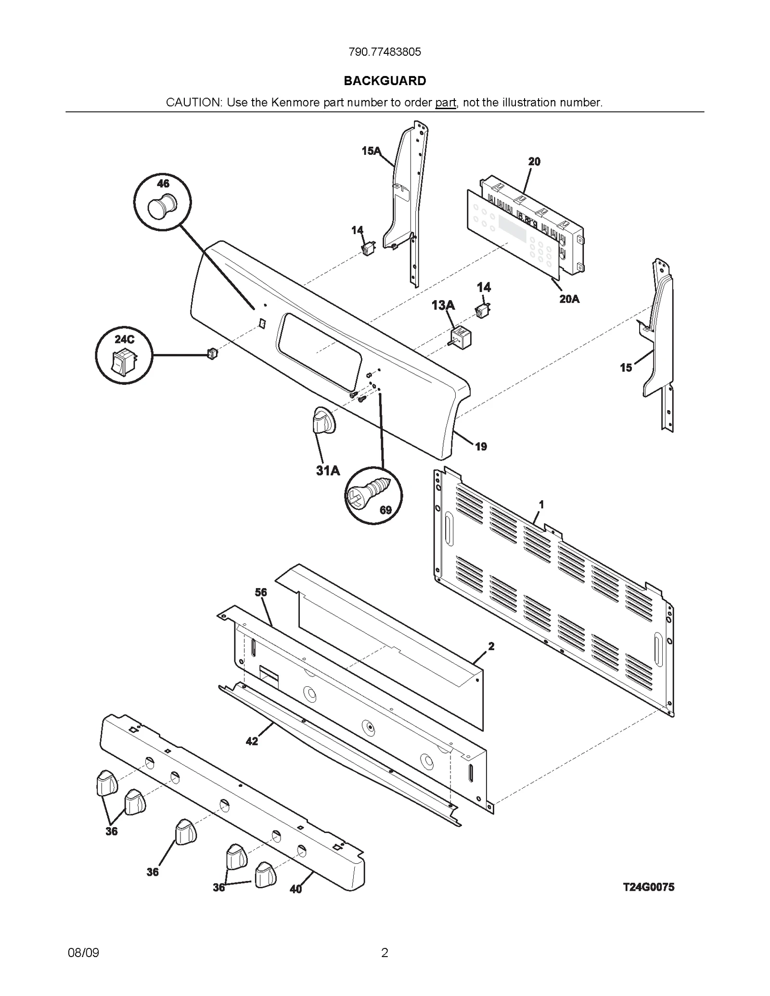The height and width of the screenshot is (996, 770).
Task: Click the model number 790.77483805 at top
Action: point(385,52)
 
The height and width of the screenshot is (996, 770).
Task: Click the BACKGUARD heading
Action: point(385,81)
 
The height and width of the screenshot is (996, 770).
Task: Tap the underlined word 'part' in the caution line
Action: point(445,102)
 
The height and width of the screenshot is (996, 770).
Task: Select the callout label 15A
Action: point(371,151)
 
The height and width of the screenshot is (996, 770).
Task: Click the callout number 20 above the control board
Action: point(534,162)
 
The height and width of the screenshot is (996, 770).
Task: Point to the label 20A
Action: point(569,299)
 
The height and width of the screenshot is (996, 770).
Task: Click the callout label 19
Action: point(481,446)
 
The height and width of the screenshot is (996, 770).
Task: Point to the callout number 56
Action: point(261,593)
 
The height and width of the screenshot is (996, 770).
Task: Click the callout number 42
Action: point(252,741)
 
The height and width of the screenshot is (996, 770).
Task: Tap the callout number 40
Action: point(295,889)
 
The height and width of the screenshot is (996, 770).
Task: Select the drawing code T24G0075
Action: point(648,887)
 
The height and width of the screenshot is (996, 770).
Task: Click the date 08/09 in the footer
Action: point(83,953)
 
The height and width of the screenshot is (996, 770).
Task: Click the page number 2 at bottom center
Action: point(385,953)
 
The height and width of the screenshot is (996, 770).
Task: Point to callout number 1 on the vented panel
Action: point(541,504)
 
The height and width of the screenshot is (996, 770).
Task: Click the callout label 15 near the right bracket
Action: point(626,368)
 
